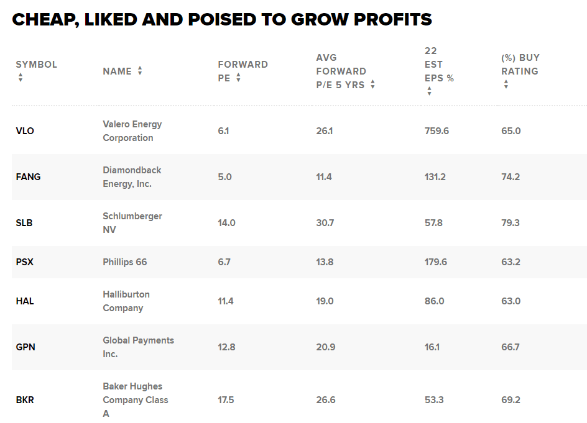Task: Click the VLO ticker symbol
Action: pyautogui.click(x=25, y=131)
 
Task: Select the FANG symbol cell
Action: pyautogui.click(x=28, y=177)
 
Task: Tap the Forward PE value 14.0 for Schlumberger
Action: pyautogui.click(x=226, y=223)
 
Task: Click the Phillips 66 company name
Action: pyautogui.click(x=125, y=262)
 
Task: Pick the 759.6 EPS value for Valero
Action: pyautogui.click(x=437, y=131)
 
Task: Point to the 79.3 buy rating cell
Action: pyautogui.click(x=511, y=223)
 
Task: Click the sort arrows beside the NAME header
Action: pyautogui.click(x=140, y=71)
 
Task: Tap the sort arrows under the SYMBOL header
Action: pyautogui.click(x=21, y=78)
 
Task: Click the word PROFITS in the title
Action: pyautogui.click(x=392, y=19)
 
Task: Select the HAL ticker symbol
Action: pyautogui.click(x=25, y=301)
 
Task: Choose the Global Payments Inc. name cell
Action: pyautogui.click(x=138, y=347)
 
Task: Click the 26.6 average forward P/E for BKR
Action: pyautogui.click(x=325, y=400)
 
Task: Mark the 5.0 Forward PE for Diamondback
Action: pyautogui.click(x=224, y=177)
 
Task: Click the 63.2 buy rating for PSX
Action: pyautogui.click(x=511, y=262)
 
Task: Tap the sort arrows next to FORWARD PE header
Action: pyautogui.click(x=238, y=78)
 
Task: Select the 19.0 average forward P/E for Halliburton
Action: pyautogui.click(x=325, y=301)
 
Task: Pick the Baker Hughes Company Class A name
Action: pyautogui.click(x=136, y=400)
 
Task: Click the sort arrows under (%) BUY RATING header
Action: pyautogui.click(x=506, y=84)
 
